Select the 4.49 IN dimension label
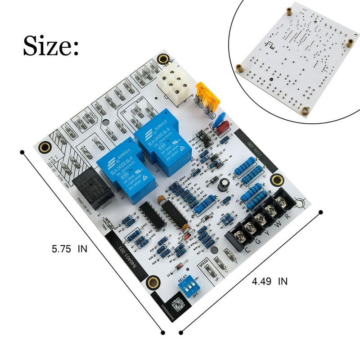tap(270, 282)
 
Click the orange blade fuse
tap(205, 97)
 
